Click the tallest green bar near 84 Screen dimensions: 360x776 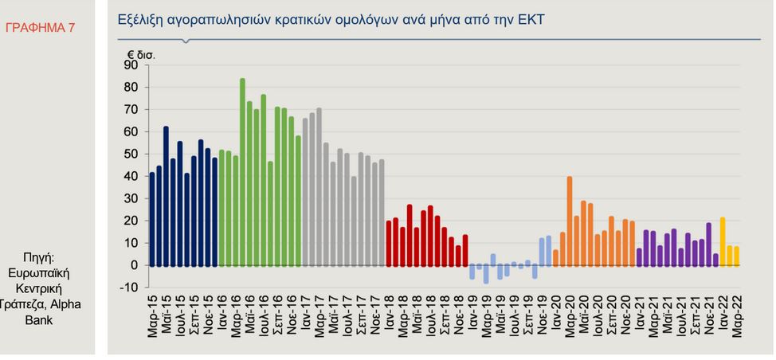(242, 171)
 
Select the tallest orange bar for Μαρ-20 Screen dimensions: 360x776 (570, 221)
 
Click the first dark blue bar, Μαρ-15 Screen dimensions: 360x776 (152, 219)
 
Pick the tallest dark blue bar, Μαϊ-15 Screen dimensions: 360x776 (166, 196)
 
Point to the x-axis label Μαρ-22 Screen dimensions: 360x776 (737, 317)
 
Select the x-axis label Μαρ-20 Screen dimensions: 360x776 (570, 317)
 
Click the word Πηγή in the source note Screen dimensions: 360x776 (38, 257)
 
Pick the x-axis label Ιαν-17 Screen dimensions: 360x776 (305, 316)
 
